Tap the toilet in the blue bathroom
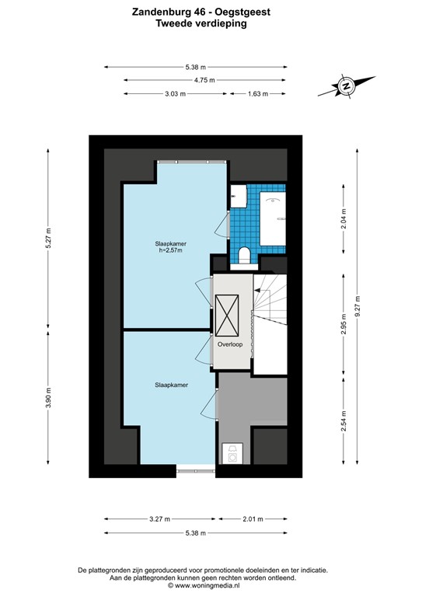pos(243,253)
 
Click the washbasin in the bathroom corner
pos(236,197)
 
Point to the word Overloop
pos(231,343)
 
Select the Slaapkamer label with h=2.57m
pos(169,246)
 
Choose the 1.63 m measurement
pos(257,94)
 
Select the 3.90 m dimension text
pos(49,396)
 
